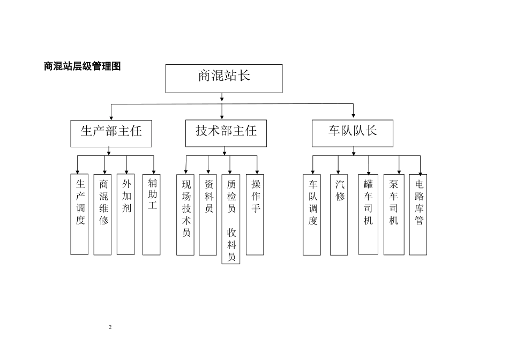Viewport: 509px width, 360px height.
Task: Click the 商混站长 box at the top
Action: tap(223, 78)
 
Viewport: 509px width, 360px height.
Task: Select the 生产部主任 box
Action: tap(111, 133)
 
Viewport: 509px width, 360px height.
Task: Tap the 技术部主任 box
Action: tap(222, 133)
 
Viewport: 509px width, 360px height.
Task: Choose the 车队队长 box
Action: tap(353, 133)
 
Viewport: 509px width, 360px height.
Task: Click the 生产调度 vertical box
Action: tap(80, 214)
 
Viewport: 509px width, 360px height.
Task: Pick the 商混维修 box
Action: tap(103, 214)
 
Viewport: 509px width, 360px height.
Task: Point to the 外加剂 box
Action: tap(126, 214)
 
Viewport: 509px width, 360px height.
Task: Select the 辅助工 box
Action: tap(152, 214)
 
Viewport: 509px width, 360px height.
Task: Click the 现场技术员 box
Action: tap(185, 214)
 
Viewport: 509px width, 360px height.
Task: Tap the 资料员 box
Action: tap(208, 214)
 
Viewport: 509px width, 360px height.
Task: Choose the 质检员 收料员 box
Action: tap(231, 219)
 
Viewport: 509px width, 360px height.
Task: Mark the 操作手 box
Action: tap(255, 214)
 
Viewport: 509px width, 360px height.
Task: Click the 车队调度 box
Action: tap(312, 214)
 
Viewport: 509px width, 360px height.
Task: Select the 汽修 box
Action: tap(339, 214)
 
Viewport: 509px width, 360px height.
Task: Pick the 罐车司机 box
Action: tap(368, 214)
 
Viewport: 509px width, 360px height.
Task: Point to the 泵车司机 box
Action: tap(394, 214)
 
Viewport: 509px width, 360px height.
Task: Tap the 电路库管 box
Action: tap(418, 214)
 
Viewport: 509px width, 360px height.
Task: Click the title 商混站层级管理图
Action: tap(82, 66)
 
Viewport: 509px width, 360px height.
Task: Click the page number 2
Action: tap(110, 327)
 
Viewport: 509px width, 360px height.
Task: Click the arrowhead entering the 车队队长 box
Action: tap(354, 114)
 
